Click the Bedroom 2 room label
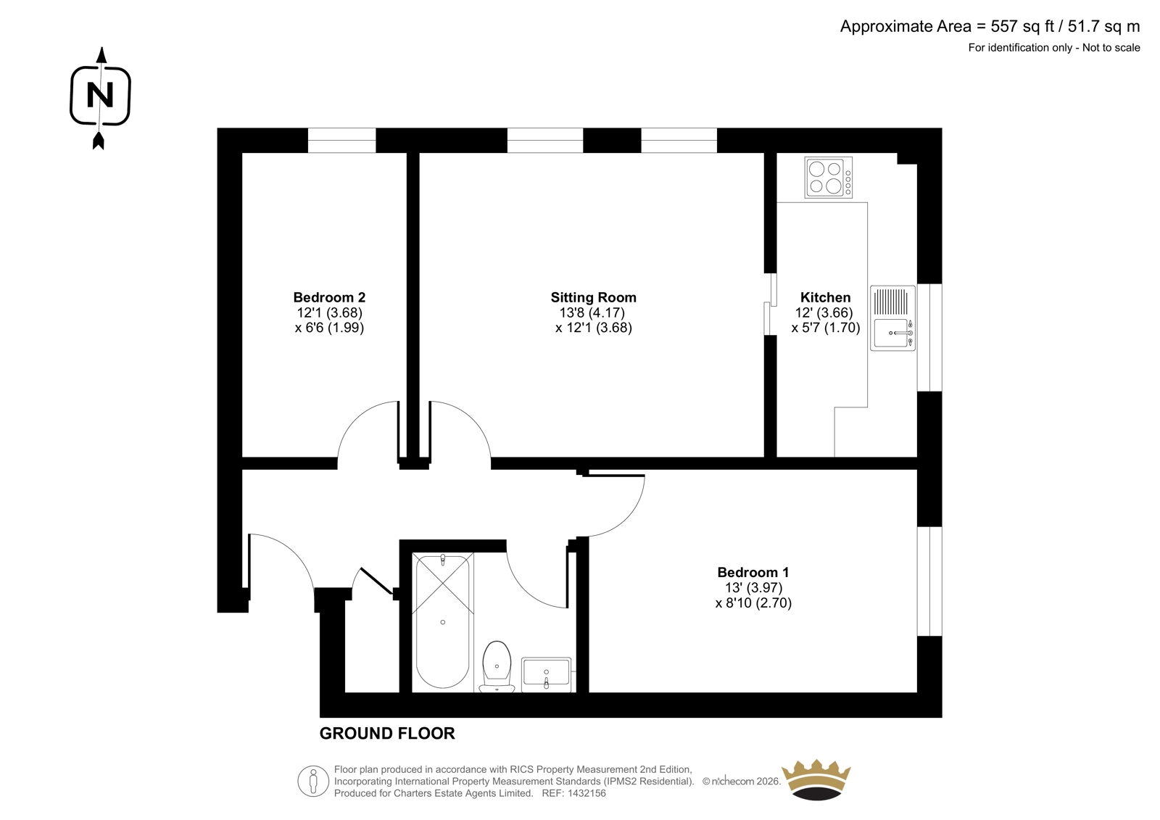pyautogui.click(x=329, y=297)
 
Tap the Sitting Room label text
pyautogui.click(x=594, y=297)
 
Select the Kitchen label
pyautogui.click(x=826, y=297)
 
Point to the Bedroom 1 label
pyautogui.click(x=753, y=572)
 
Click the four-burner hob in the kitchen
pyautogui.click(x=828, y=178)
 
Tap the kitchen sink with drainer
pyautogui.click(x=892, y=318)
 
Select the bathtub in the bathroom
pyautogui.click(x=443, y=621)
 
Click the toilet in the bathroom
pyautogui.click(x=497, y=666)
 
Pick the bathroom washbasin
pyautogui.click(x=547, y=674)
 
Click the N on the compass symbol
pyautogui.click(x=100, y=95)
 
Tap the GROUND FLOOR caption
pyautogui.click(x=387, y=734)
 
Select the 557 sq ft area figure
pyautogui.click(x=1022, y=26)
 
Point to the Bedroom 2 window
pyautogui.click(x=341, y=141)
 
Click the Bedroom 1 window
pyautogui.click(x=929, y=581)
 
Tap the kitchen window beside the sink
pyautogui.click(x=929, y=337)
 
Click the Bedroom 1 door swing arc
pyautogui.click(x=629, y=518)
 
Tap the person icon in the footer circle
pyautogui.click(x=312, y=781)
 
